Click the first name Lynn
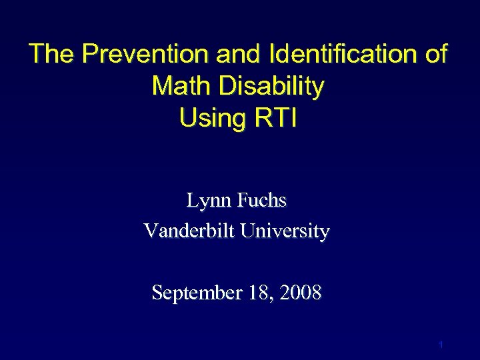point(207,200)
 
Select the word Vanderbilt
point(189,231)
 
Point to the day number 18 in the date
point(253,292)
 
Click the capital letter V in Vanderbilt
point(150,231)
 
